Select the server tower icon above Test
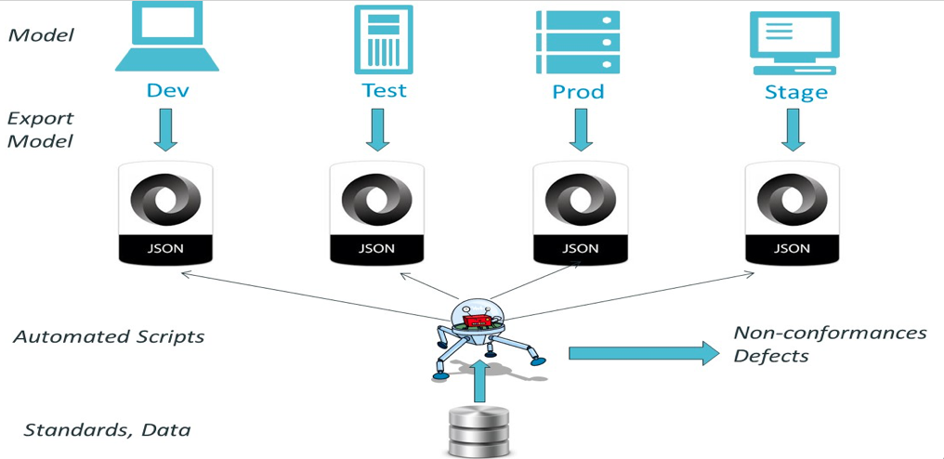pos(383,39)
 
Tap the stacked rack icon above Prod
pos(577,42)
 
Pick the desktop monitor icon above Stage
pos(794,43)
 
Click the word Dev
pos(167,91)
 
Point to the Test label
pos(384,90)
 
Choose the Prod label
pos(578,92)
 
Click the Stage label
pos(795,93)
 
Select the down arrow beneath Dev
pos(167,129)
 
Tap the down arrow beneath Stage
pos(792,129)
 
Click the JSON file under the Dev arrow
pos(167,215)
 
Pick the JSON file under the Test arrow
pos(376,215)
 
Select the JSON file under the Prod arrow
pos(581,215)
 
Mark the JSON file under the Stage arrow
pos(793,215)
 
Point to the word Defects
pos(770,356)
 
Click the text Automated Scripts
pos(109,336)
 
